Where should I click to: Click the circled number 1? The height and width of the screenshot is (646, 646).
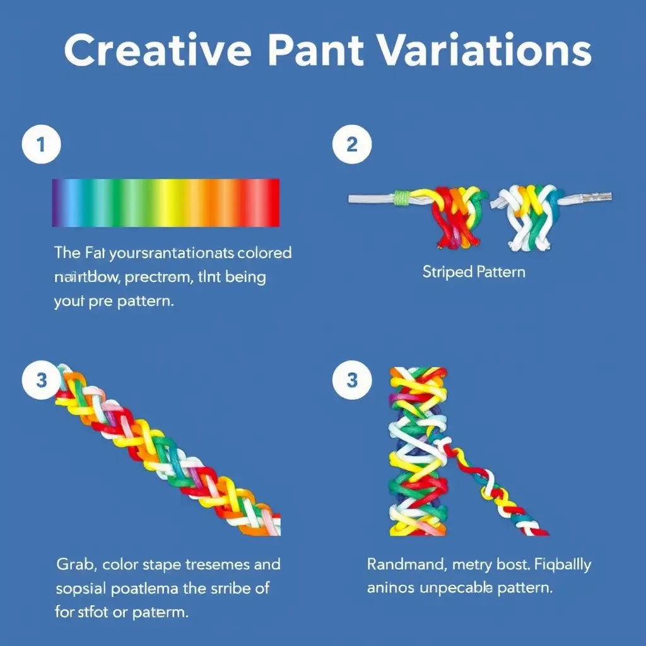42,145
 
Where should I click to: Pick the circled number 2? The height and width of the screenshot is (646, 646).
352,145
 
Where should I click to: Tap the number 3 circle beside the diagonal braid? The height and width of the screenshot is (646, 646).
42,380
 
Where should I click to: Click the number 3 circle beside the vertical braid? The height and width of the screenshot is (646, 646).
352,380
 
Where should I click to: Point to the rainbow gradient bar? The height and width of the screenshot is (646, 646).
165,202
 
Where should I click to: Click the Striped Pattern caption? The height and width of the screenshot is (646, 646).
473,273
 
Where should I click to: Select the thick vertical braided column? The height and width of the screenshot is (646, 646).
418,451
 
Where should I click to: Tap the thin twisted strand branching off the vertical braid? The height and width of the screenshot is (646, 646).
498,492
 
